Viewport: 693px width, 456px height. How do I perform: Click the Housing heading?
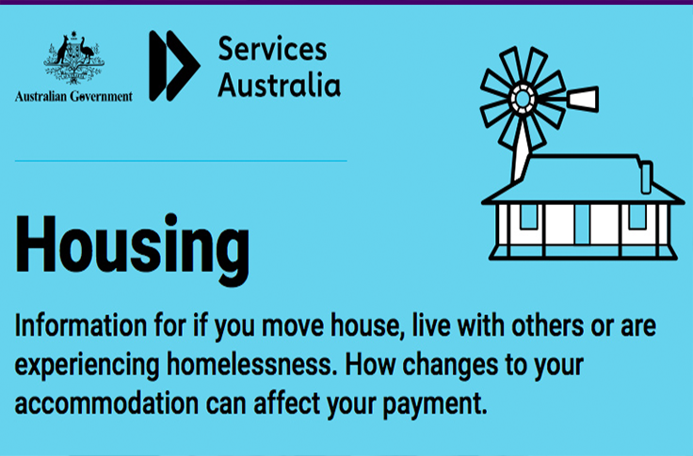click(132, 248)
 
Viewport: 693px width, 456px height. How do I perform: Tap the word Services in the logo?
click(273, 49)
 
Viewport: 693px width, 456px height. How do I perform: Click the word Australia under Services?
click(280, 85)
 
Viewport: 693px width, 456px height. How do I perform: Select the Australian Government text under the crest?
click(73, 96)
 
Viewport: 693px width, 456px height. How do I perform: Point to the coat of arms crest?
click(73, 57)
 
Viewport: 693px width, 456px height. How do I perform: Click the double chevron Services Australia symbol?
click(174, 66)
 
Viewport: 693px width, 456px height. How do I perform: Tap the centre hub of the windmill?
click(523, 99)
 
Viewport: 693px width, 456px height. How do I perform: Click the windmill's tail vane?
click(583, 99)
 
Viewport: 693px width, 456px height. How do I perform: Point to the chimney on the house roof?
click(646, 178)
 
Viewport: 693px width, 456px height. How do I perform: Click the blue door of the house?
click(582, 224)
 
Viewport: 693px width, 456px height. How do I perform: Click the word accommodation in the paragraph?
click(106, 404)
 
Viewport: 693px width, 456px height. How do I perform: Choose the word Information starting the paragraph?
click(81, 325)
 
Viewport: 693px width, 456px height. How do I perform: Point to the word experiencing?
click(87, 366)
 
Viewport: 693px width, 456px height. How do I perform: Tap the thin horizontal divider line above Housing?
click(181, 161)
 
